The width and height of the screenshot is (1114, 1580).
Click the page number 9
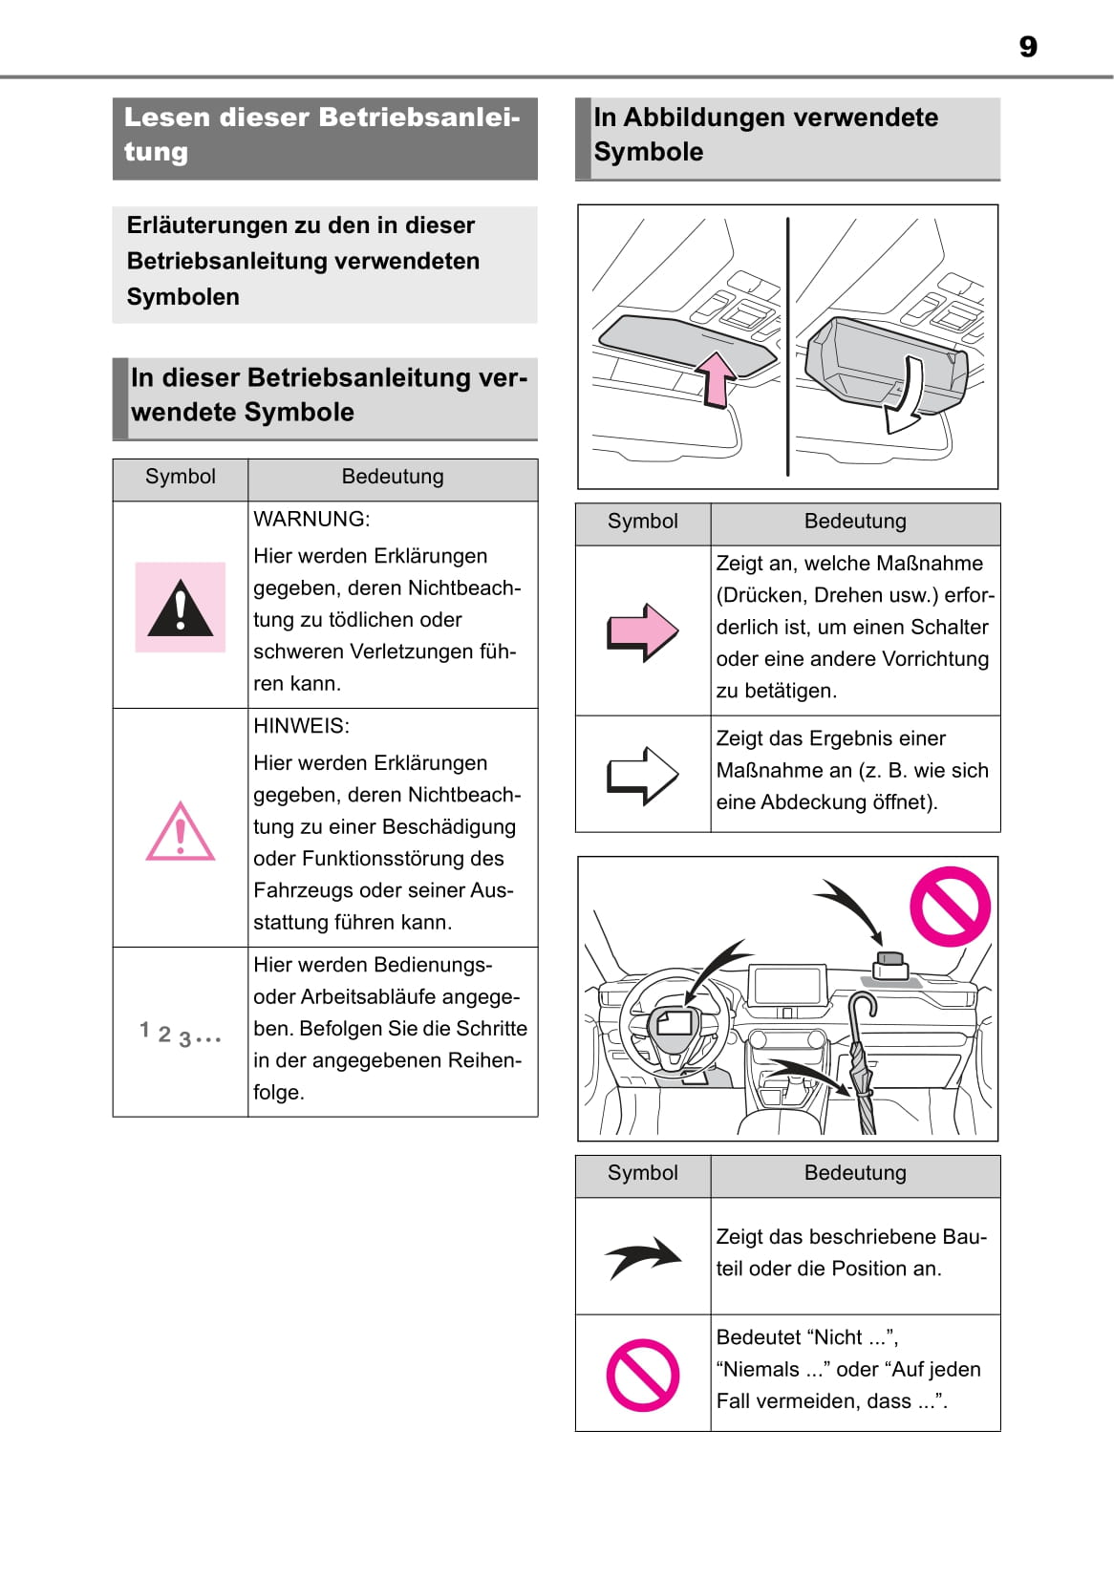click(x=1027, y=47)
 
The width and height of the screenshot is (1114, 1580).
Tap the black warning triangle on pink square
click(x=181, y=608)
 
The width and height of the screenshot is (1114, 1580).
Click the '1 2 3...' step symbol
click(x=180, y=1034)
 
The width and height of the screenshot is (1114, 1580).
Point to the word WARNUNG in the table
click(x=311, y=520)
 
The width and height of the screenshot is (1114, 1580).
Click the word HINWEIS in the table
click(x=301, y=726)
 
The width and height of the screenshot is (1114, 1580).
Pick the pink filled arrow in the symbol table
click(x=643, y=631)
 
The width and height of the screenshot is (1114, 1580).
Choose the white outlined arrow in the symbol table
click(x=643, y=775)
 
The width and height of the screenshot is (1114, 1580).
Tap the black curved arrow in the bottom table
click(x=643, y=1257)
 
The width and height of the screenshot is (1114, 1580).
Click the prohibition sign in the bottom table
click(x=643, y=1375)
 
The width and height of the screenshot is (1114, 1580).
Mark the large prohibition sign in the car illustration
click(x=950, y=906)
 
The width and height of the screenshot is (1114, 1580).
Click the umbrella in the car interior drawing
click(x=863, y=1060)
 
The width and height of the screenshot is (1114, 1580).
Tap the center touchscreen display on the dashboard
click(x=787, y=984)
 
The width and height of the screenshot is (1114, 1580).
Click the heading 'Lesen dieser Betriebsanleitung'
click(x=323, y=135)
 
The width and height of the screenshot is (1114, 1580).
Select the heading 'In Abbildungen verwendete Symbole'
click(x=765, y=135)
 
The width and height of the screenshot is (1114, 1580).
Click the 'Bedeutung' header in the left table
click(x=393, y=477)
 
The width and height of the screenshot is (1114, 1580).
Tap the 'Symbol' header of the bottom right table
click(x=643, y=1173)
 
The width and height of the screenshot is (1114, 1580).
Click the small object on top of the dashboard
click(x=890, y=965)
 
